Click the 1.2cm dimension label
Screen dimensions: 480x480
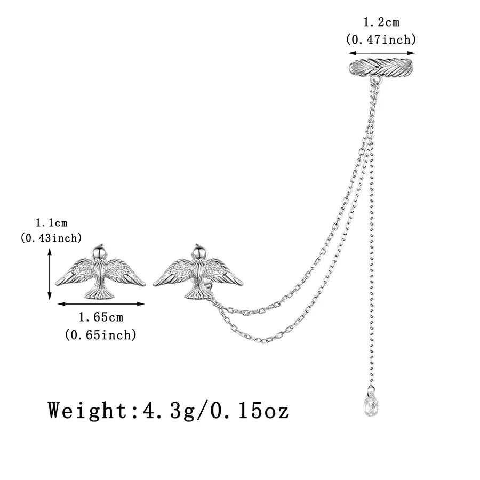tap(381, 22)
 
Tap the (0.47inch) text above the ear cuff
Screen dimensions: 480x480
tap(381, 38)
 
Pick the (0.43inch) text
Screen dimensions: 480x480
tap(51, 239)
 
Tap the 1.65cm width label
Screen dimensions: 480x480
tap(101, 318)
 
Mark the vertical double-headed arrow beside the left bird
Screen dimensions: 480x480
tap(50, 276)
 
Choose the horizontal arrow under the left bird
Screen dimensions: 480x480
tap(101, 304)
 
